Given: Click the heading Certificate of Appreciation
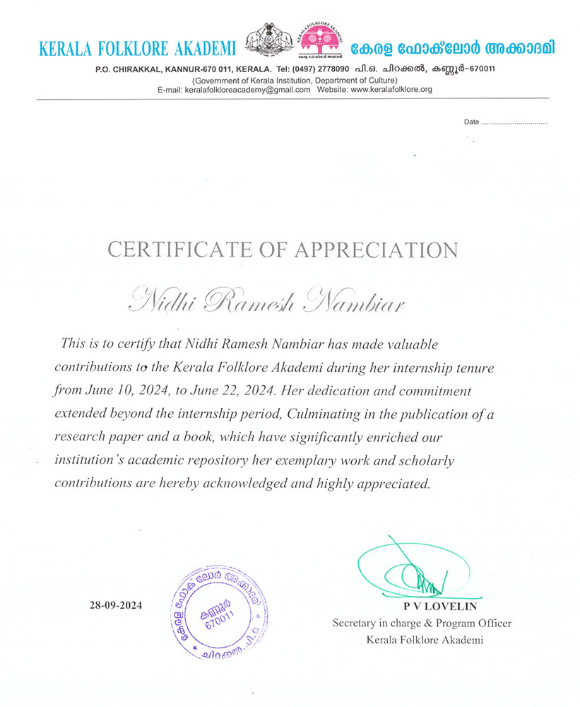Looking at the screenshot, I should coord(283,250).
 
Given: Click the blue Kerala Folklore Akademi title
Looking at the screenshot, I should coord(138,49).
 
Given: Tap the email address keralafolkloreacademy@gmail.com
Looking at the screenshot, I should coord(247,90).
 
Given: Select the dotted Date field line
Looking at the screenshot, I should coord(514,122).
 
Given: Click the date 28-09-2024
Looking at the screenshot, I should coord(116,606).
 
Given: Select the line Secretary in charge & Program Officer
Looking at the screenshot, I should coord(422,624).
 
